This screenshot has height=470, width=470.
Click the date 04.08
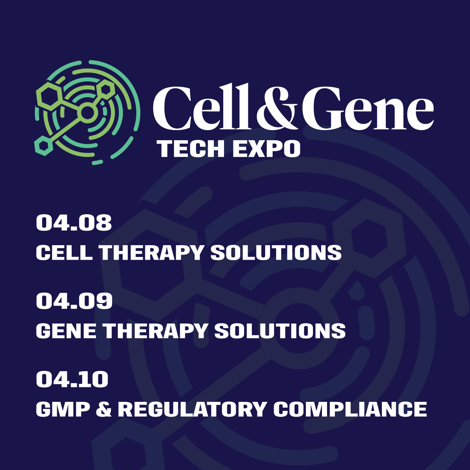click(x=74, y=223)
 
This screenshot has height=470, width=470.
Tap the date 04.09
click(x=74, y=301)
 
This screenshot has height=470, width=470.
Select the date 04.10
click(x=72, y=380)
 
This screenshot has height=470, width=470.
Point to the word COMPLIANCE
click(x=350, y=409)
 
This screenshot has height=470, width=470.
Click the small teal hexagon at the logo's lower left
click(x=43, y=146)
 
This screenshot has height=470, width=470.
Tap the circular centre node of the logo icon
click(x=88, y=113)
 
